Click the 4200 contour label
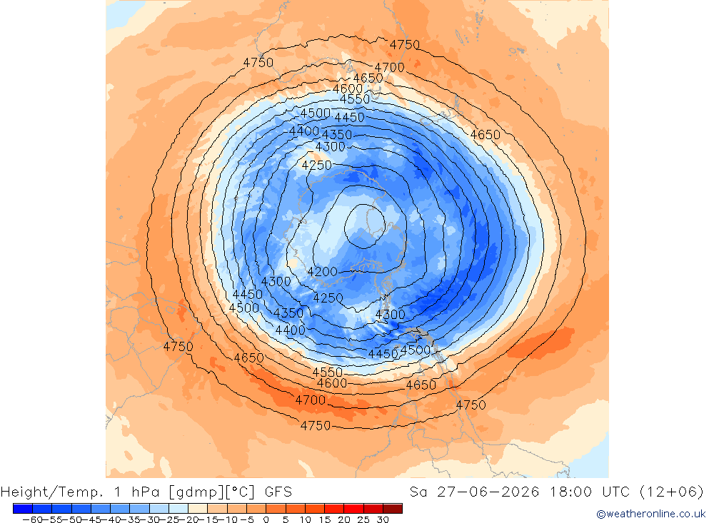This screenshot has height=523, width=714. [x=323, y=272]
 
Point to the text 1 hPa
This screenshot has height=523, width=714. [x=137, y=492]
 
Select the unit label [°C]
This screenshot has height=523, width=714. [x=240, y=492]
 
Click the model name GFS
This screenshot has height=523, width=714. [x=278, y=492]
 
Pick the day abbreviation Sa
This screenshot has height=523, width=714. [x=418, y=492]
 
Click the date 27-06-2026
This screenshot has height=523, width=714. [x=488, y=492]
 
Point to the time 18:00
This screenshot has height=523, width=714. [x=570, y=492]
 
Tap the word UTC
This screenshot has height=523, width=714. [x=615, y=492]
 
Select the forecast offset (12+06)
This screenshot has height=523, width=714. [x=672, y=492]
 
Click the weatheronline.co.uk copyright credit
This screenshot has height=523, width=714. [x=651, y=514]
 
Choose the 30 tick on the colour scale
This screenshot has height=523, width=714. [x=383, y=519]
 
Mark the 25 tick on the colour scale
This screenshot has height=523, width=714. [x=363, y=519]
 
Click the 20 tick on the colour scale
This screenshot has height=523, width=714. [x=344, y=519]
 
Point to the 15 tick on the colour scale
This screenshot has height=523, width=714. [x=325, y=519]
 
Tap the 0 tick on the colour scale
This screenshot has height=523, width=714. [x=266, y=519]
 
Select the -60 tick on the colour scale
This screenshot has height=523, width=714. [x=32, y=519]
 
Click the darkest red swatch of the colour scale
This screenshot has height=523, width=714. [x=393, y=509]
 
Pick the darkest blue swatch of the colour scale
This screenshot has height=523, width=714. [x=23, y=509]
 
